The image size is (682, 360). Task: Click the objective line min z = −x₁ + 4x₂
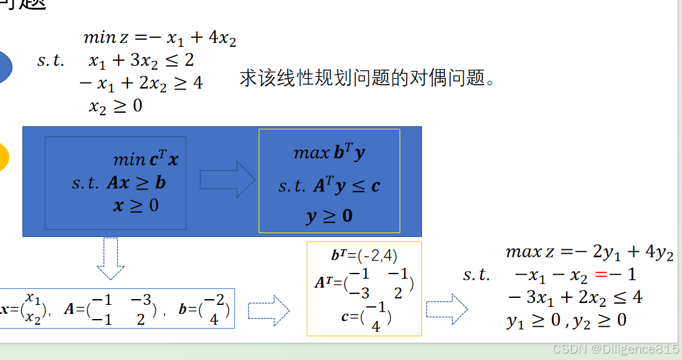click(160, 38)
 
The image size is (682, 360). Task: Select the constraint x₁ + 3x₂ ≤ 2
click(142, 61)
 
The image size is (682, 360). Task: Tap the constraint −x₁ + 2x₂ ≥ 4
click(140, 83)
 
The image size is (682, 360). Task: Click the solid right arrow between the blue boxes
click(227, 179)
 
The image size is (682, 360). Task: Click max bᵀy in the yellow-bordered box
click(329, 153)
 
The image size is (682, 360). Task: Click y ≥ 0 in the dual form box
click(329, 216)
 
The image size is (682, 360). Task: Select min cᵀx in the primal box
click(145, 159)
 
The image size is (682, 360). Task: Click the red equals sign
click(601, 275)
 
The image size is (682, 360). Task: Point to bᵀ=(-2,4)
click(364, 256)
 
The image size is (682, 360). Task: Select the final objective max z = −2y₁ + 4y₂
click(589, 252)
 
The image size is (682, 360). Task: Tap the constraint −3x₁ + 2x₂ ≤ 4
click(574, 297)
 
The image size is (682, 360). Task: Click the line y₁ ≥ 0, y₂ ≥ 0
click(566, 320)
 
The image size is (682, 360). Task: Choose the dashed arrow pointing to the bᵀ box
click(268, 311)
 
